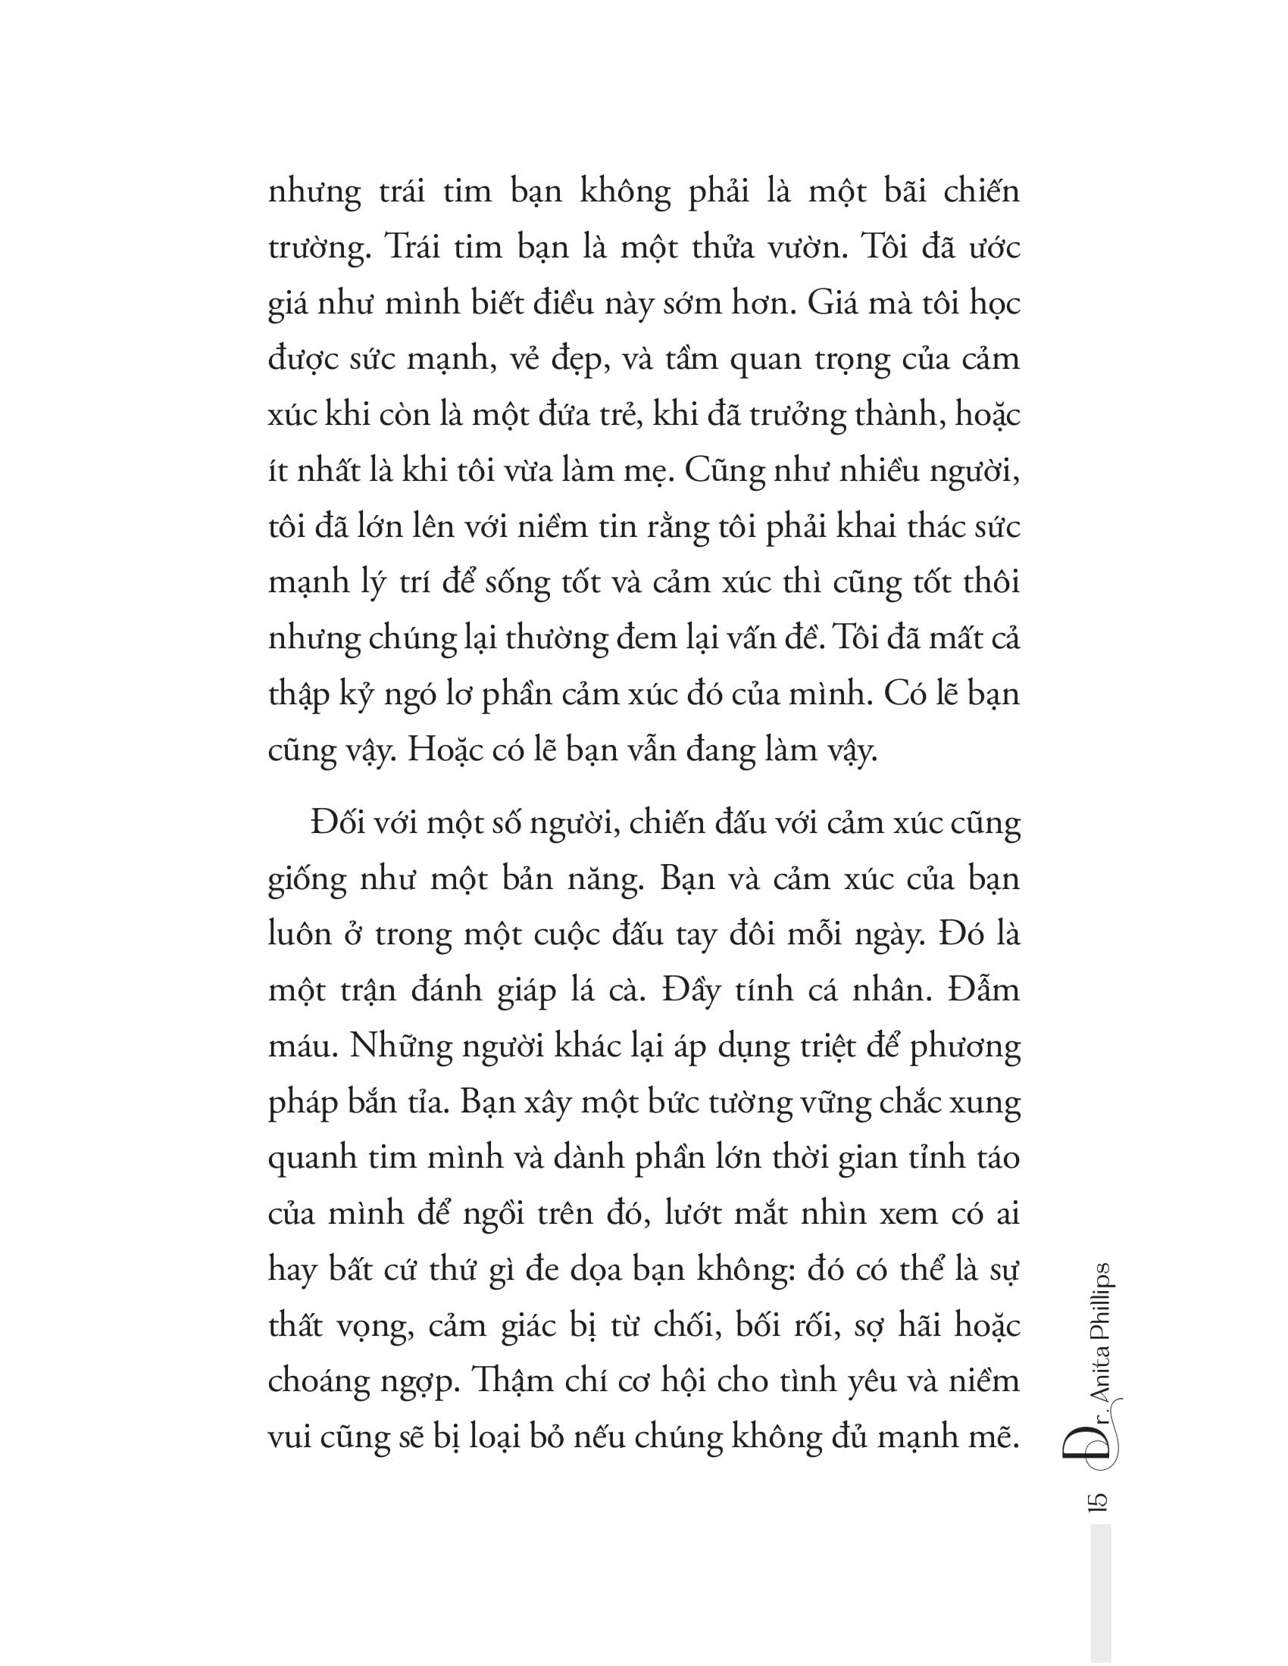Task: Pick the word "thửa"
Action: (x=724, y=248)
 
